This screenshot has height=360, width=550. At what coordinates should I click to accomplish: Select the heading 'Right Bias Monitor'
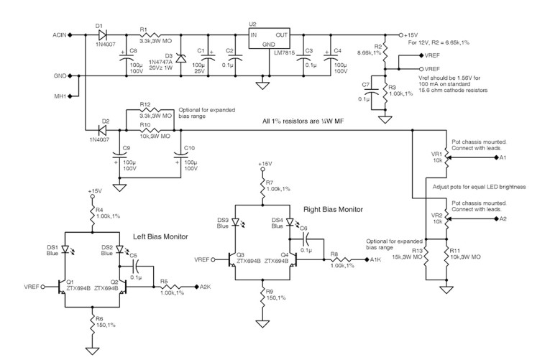[334, 209]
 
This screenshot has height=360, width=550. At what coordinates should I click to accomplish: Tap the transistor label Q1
[70, 281]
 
